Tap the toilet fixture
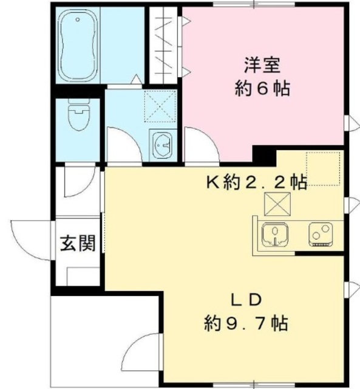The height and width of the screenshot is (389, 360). coord(78,117)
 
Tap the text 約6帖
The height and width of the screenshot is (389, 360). coord(262,89)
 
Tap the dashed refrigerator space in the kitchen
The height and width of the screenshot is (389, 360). coord(322,168)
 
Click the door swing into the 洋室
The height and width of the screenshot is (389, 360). coord(199,145)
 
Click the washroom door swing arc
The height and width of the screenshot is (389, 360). coord(122,144)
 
